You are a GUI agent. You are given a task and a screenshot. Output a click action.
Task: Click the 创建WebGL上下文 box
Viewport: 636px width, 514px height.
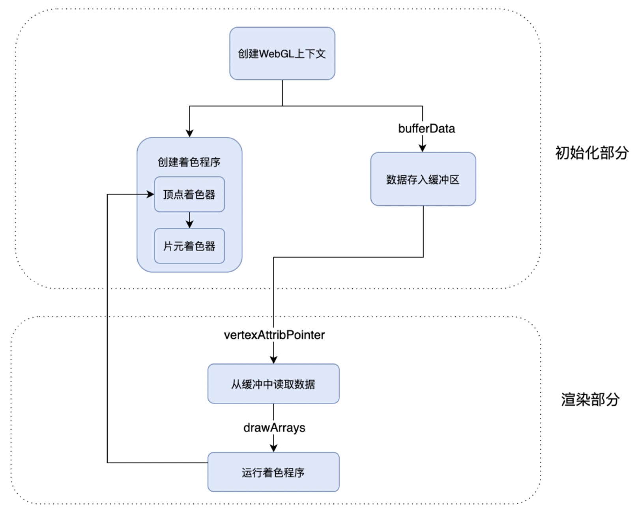pos(282,53)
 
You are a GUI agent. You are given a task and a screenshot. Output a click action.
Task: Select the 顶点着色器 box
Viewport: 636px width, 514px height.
pos(189,194)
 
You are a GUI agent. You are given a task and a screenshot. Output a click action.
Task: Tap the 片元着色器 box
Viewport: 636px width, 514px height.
pos(189,246)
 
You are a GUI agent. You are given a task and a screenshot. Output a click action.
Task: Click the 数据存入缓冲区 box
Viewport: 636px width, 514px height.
pos(423,179)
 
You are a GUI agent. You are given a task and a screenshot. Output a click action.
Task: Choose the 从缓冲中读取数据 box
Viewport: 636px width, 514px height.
pos(273,384)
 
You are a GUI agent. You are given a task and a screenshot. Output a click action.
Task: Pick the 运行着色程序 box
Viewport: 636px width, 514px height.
pos(273,472)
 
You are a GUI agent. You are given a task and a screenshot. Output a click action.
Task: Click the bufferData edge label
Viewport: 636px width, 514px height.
pos(426,128)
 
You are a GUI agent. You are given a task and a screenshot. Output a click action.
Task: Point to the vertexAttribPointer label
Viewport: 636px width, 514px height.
pos(274,335)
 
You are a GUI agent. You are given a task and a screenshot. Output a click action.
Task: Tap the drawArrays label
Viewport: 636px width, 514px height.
pos(274,428)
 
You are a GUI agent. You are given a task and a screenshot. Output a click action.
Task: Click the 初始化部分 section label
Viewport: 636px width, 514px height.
pos(592,153)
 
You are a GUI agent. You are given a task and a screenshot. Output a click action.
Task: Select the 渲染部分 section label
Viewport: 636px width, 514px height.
pos(590,399)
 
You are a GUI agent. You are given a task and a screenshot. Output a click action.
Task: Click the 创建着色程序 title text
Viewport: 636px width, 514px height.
pos(189,162)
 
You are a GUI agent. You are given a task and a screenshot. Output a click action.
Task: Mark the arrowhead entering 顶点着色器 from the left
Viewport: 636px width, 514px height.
pos(150,194)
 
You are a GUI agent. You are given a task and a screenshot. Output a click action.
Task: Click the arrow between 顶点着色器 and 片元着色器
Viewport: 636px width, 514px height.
pos(189,220)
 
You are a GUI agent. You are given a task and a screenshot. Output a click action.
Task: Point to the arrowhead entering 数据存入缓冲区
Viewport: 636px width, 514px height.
pos(422,148)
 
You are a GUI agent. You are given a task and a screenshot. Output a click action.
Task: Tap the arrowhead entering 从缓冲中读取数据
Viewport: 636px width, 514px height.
pos(273,359)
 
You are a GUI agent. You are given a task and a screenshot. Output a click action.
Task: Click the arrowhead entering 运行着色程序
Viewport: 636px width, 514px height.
pos(273,448)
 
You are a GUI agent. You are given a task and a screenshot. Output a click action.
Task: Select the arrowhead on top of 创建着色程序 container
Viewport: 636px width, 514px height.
pos(189,133)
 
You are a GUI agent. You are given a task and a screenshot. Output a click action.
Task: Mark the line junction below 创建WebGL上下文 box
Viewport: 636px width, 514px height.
pos(282,106)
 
